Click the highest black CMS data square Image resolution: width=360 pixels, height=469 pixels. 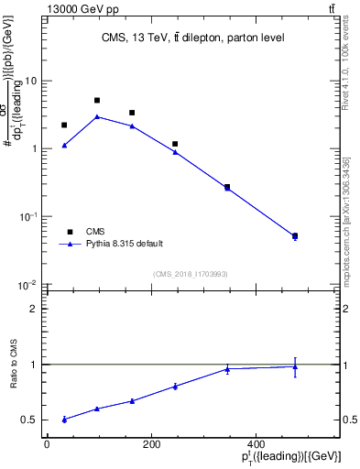[x=97, y=100]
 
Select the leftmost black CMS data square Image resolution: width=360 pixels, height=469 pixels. [x=64, y=125]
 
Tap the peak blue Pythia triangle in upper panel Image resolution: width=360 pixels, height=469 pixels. [x=97, y=116]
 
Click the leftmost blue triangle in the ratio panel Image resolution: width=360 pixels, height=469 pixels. [x=64, y=419]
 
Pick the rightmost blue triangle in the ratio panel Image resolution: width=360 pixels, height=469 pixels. [x=295, y=366]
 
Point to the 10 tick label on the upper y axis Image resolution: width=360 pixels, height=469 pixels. [x=30, y=81]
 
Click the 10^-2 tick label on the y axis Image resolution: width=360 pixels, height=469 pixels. [x=27, y=285]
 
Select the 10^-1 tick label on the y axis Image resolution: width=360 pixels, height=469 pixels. [x=27, y=217]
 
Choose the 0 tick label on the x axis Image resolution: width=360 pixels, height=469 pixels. [x=47, y=443]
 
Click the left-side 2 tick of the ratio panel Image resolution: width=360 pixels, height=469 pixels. [x=35, y=309]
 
